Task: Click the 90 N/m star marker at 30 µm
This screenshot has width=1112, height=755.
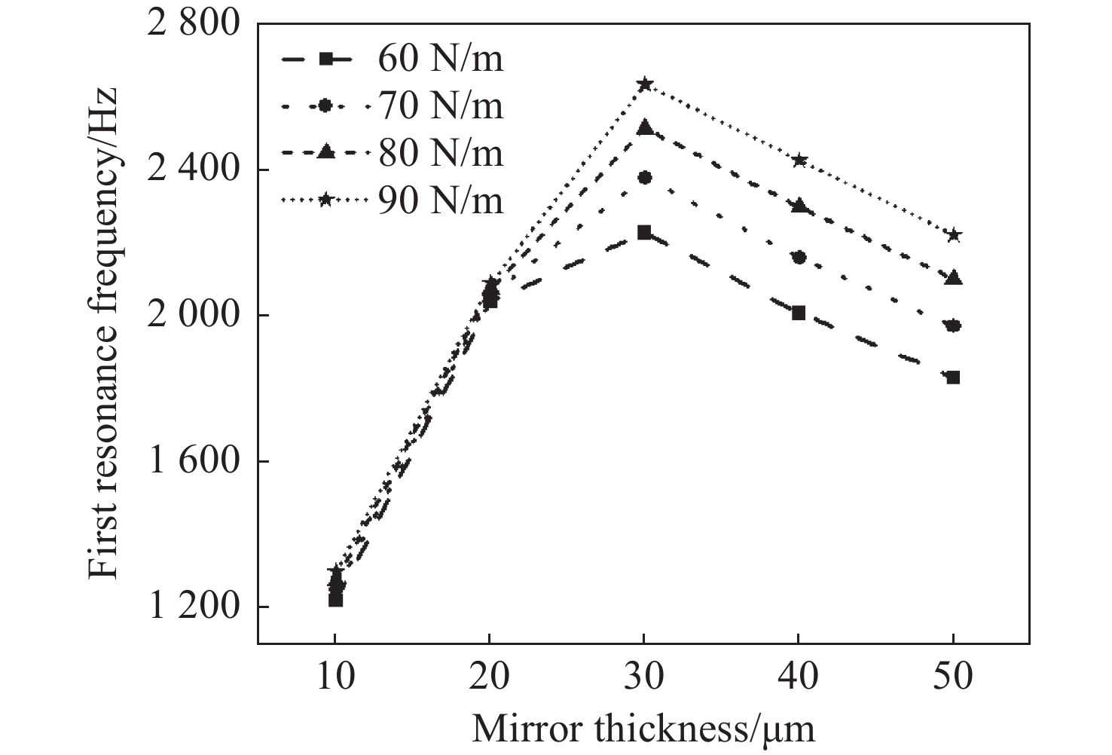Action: pos(644,84)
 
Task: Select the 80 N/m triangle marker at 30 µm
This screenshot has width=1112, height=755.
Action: pos(644,128)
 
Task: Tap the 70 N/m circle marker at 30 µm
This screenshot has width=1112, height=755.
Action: pos(644,178)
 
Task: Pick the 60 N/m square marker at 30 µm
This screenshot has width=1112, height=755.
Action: pos(644,232)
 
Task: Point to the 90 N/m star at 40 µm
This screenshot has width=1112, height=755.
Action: pos(799,160)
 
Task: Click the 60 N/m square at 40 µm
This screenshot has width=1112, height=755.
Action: pos(799,313)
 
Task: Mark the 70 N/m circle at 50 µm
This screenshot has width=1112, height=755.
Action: pos(953,326)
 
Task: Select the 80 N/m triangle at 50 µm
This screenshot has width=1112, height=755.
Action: pos(953,278)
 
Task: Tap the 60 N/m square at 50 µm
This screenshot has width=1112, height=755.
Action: pos(953,377)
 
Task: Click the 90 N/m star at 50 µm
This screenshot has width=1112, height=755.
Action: pos(953,235)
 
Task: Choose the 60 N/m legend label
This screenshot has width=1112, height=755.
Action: pos(441,59)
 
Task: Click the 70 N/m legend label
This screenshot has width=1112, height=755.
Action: pos(441,106)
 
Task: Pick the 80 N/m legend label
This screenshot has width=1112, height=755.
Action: pos(441,154)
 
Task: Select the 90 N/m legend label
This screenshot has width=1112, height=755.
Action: pos(441,201)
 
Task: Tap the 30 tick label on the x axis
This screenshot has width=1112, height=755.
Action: pos(644,677)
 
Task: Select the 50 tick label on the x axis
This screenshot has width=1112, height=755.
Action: pos(953,677)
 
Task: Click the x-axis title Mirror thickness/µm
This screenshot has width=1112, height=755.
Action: pos(643,729)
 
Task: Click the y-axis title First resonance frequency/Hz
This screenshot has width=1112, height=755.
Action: pos(103,332)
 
